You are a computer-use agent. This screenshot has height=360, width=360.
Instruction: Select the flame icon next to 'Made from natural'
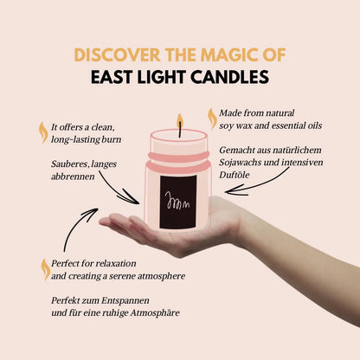click(212, 117)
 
